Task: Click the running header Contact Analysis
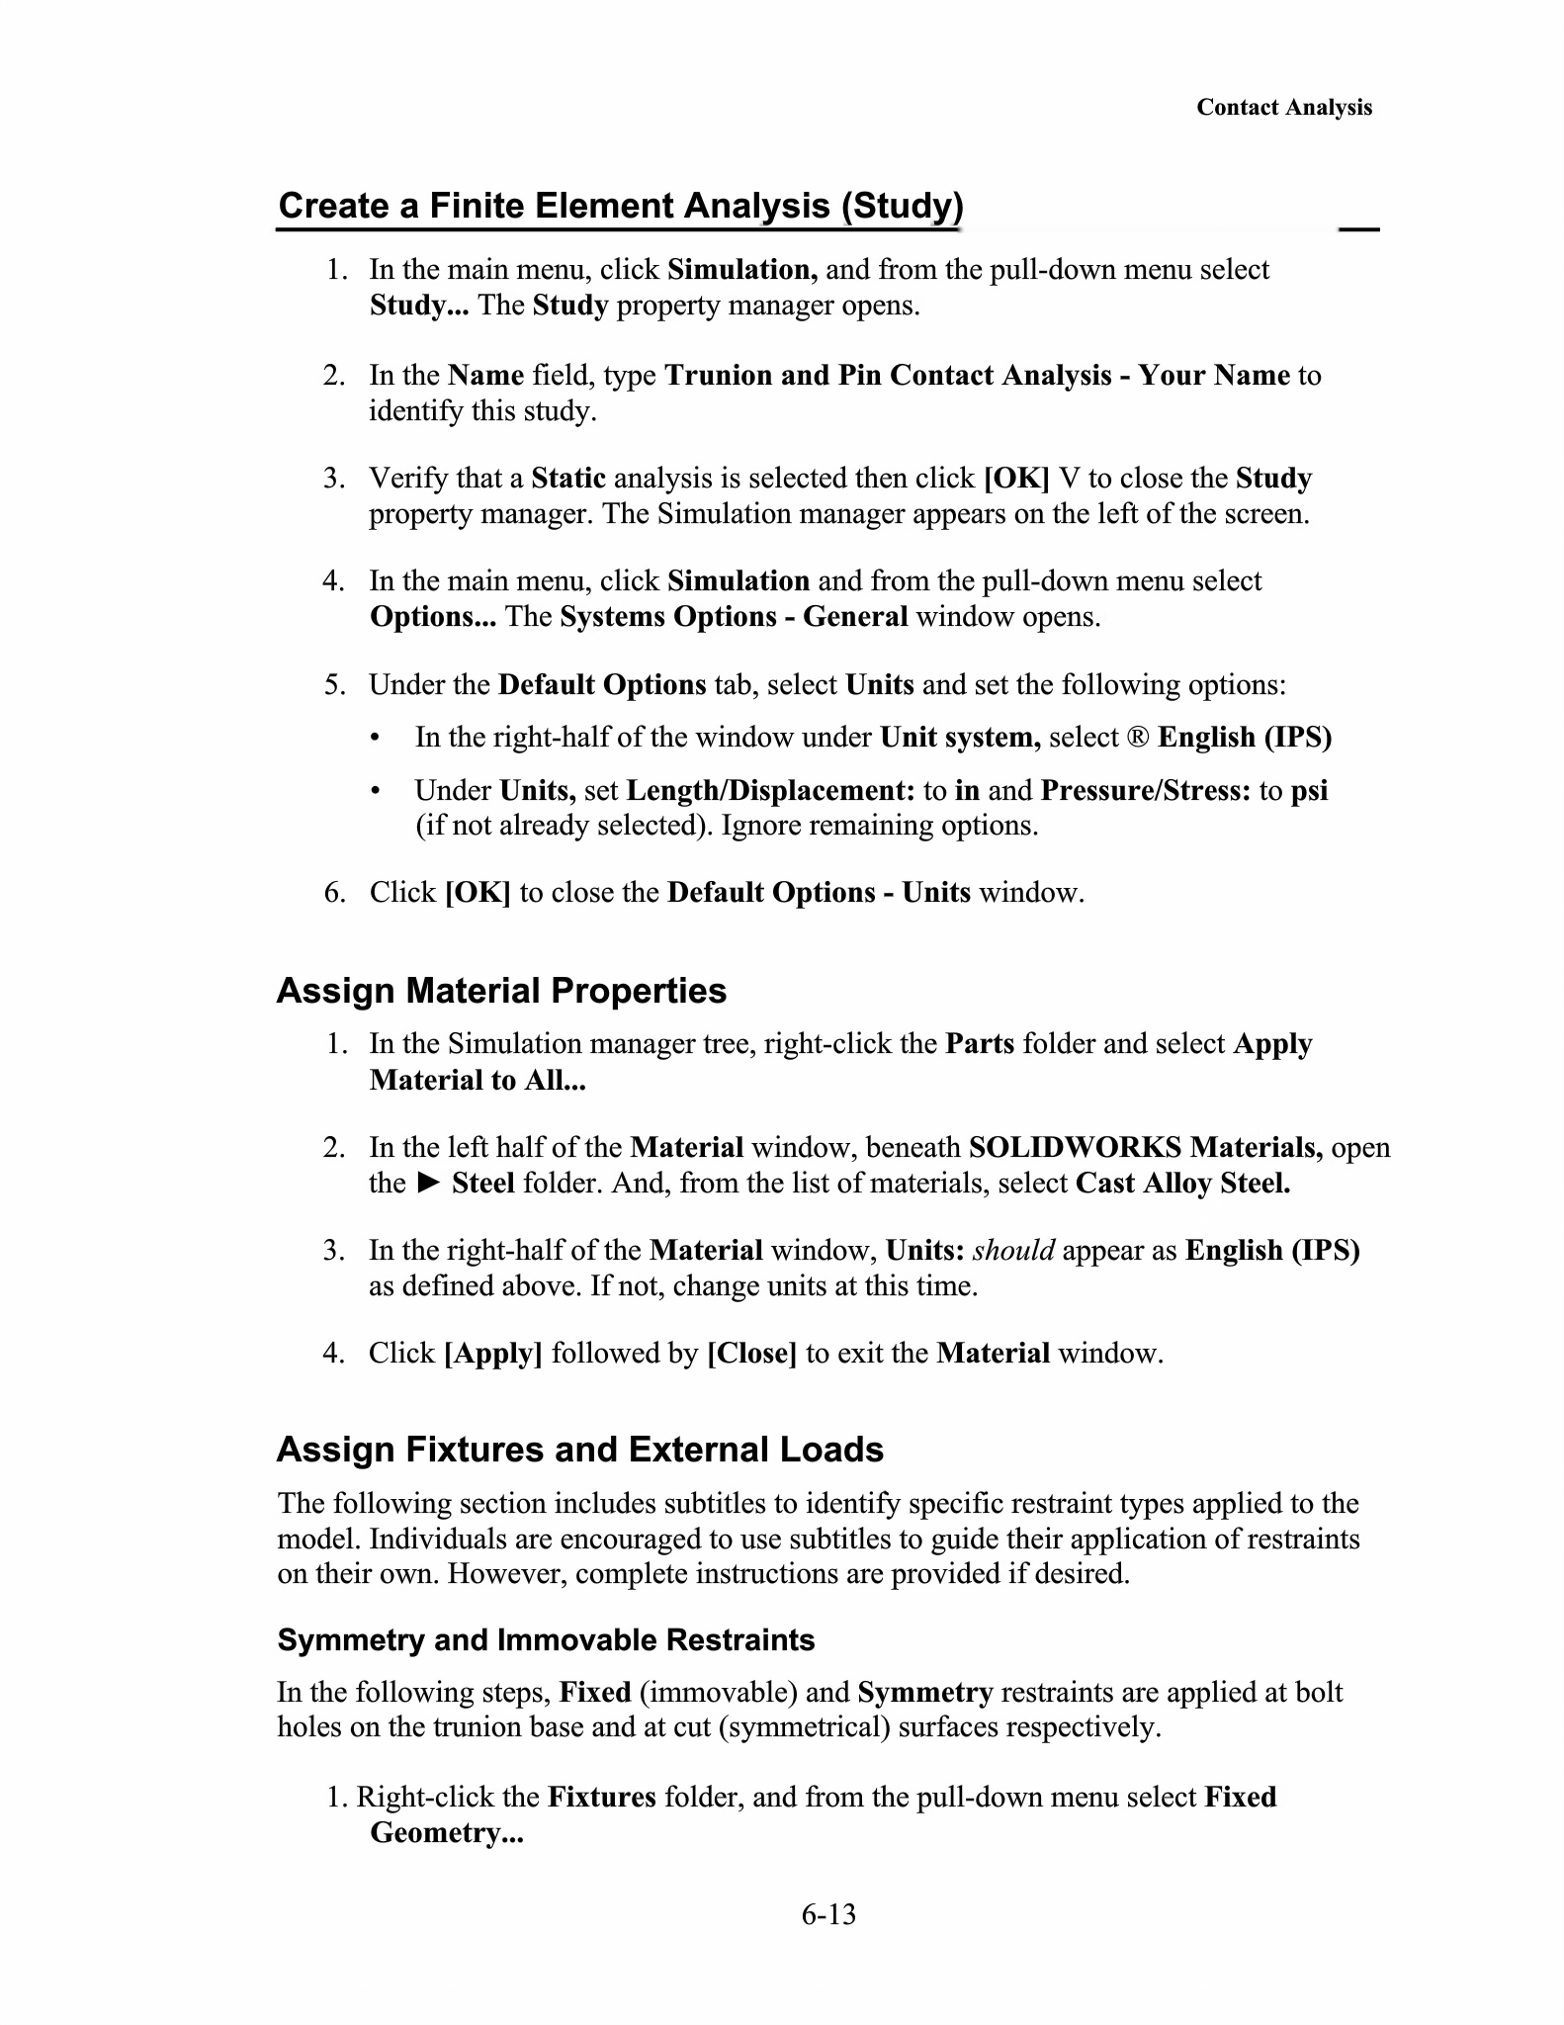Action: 1283,108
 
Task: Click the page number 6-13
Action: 828,1914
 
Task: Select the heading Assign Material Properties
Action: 501,991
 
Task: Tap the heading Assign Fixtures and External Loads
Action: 579,1450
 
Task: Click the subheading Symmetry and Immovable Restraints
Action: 546,1640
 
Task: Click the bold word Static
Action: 567,479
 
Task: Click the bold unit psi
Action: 1309,791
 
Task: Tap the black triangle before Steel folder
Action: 427,1183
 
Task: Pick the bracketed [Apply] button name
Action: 493,1354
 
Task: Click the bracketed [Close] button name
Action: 751,1354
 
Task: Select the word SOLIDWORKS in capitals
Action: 1075,1148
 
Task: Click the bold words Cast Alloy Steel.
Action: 1182,1184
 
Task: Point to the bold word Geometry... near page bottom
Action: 446,1833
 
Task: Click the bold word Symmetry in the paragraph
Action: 924,1693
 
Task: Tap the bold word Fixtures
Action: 601,1798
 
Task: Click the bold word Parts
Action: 980,1045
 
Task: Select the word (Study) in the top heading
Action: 901,206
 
